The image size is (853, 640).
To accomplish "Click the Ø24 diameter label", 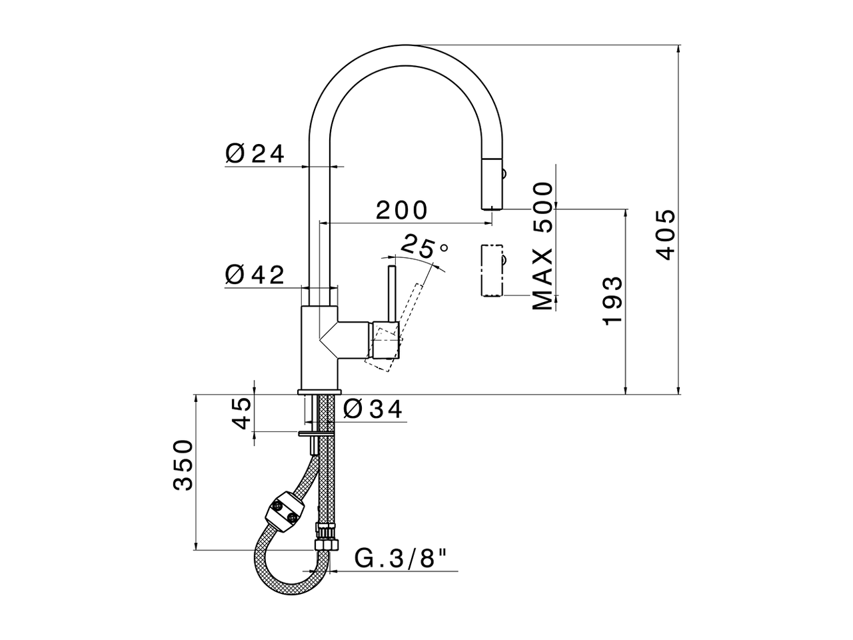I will coord(255,154).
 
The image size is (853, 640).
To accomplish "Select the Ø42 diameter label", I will coord(255,274).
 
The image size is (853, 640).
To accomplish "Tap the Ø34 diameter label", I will coord(374,409).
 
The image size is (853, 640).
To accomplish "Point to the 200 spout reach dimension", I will coord(401,210).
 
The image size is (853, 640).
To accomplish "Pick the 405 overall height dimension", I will coord(664,235).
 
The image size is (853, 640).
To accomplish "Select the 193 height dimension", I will coord(612,300).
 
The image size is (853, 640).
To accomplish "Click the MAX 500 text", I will coord(543,246).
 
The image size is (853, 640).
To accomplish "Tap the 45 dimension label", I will coord(241,413).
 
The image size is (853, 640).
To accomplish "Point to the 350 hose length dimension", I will coord(183,465).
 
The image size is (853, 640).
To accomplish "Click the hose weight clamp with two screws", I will coord(283,510).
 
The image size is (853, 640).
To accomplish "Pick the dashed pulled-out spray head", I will coord(491,270).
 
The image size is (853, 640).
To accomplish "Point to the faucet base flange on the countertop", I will coord(319,391).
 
